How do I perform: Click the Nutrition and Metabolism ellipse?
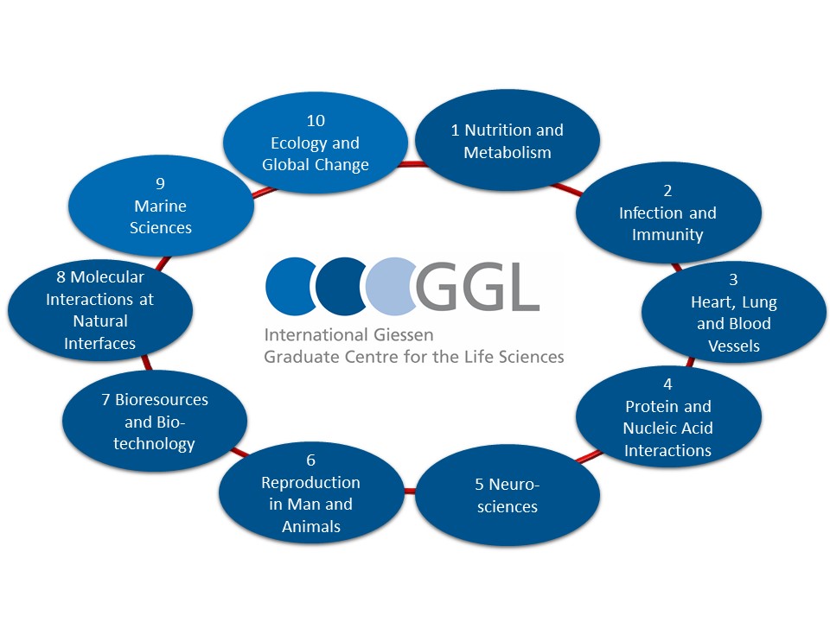508,141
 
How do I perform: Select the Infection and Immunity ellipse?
668,213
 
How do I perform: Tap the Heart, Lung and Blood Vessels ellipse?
734,312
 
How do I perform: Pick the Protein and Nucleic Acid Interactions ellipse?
668,416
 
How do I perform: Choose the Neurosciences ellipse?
508,495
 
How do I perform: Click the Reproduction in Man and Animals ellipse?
311,493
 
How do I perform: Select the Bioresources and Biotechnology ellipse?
155,421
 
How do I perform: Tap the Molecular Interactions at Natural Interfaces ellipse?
100,310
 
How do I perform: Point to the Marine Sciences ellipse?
161,206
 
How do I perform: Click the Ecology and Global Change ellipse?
316,143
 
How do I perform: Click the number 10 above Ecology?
316,121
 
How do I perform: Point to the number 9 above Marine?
161,183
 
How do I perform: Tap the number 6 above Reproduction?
310,460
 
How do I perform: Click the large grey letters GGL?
477,287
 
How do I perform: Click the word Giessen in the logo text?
404,335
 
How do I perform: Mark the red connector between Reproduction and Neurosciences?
410,492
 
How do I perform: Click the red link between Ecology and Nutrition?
412,164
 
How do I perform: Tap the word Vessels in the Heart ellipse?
734,346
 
